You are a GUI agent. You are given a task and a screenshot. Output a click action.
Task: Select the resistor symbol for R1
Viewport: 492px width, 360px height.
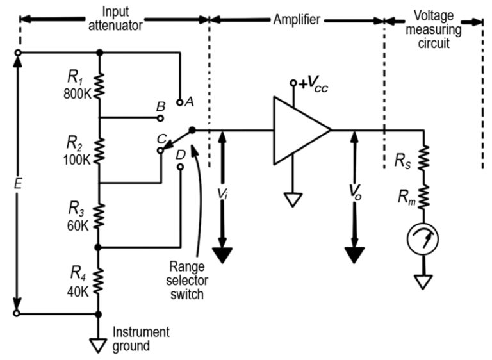[99, 84]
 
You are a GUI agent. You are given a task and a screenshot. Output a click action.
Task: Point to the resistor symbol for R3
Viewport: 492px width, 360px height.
[99, 215]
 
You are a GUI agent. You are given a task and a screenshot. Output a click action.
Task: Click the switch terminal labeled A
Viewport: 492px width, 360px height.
[180, 101]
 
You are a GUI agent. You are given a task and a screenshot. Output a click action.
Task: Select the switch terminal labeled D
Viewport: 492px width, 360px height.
[180, 166]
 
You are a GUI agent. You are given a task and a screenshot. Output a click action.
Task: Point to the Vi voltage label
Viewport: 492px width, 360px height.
[222, 192]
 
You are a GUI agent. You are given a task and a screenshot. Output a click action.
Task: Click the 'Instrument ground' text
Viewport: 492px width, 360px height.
[140, 339]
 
